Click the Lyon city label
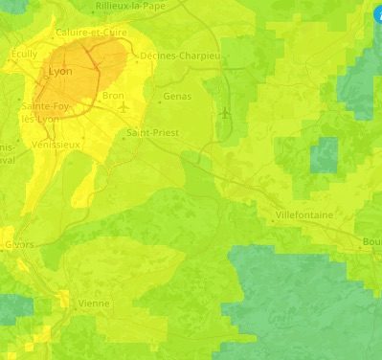[59, 71]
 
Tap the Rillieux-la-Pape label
[130, 6]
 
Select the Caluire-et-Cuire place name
[92, 32]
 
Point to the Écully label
[24, 55]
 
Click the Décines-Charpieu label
[180, 56]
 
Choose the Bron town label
[113, 96]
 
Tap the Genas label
[177, 97]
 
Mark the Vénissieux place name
[55, 145]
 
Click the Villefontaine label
[303, 215]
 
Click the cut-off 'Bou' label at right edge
[371, 242]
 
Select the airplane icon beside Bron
[124, 107]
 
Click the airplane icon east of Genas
[225, 114]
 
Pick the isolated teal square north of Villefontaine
[324, 154]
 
